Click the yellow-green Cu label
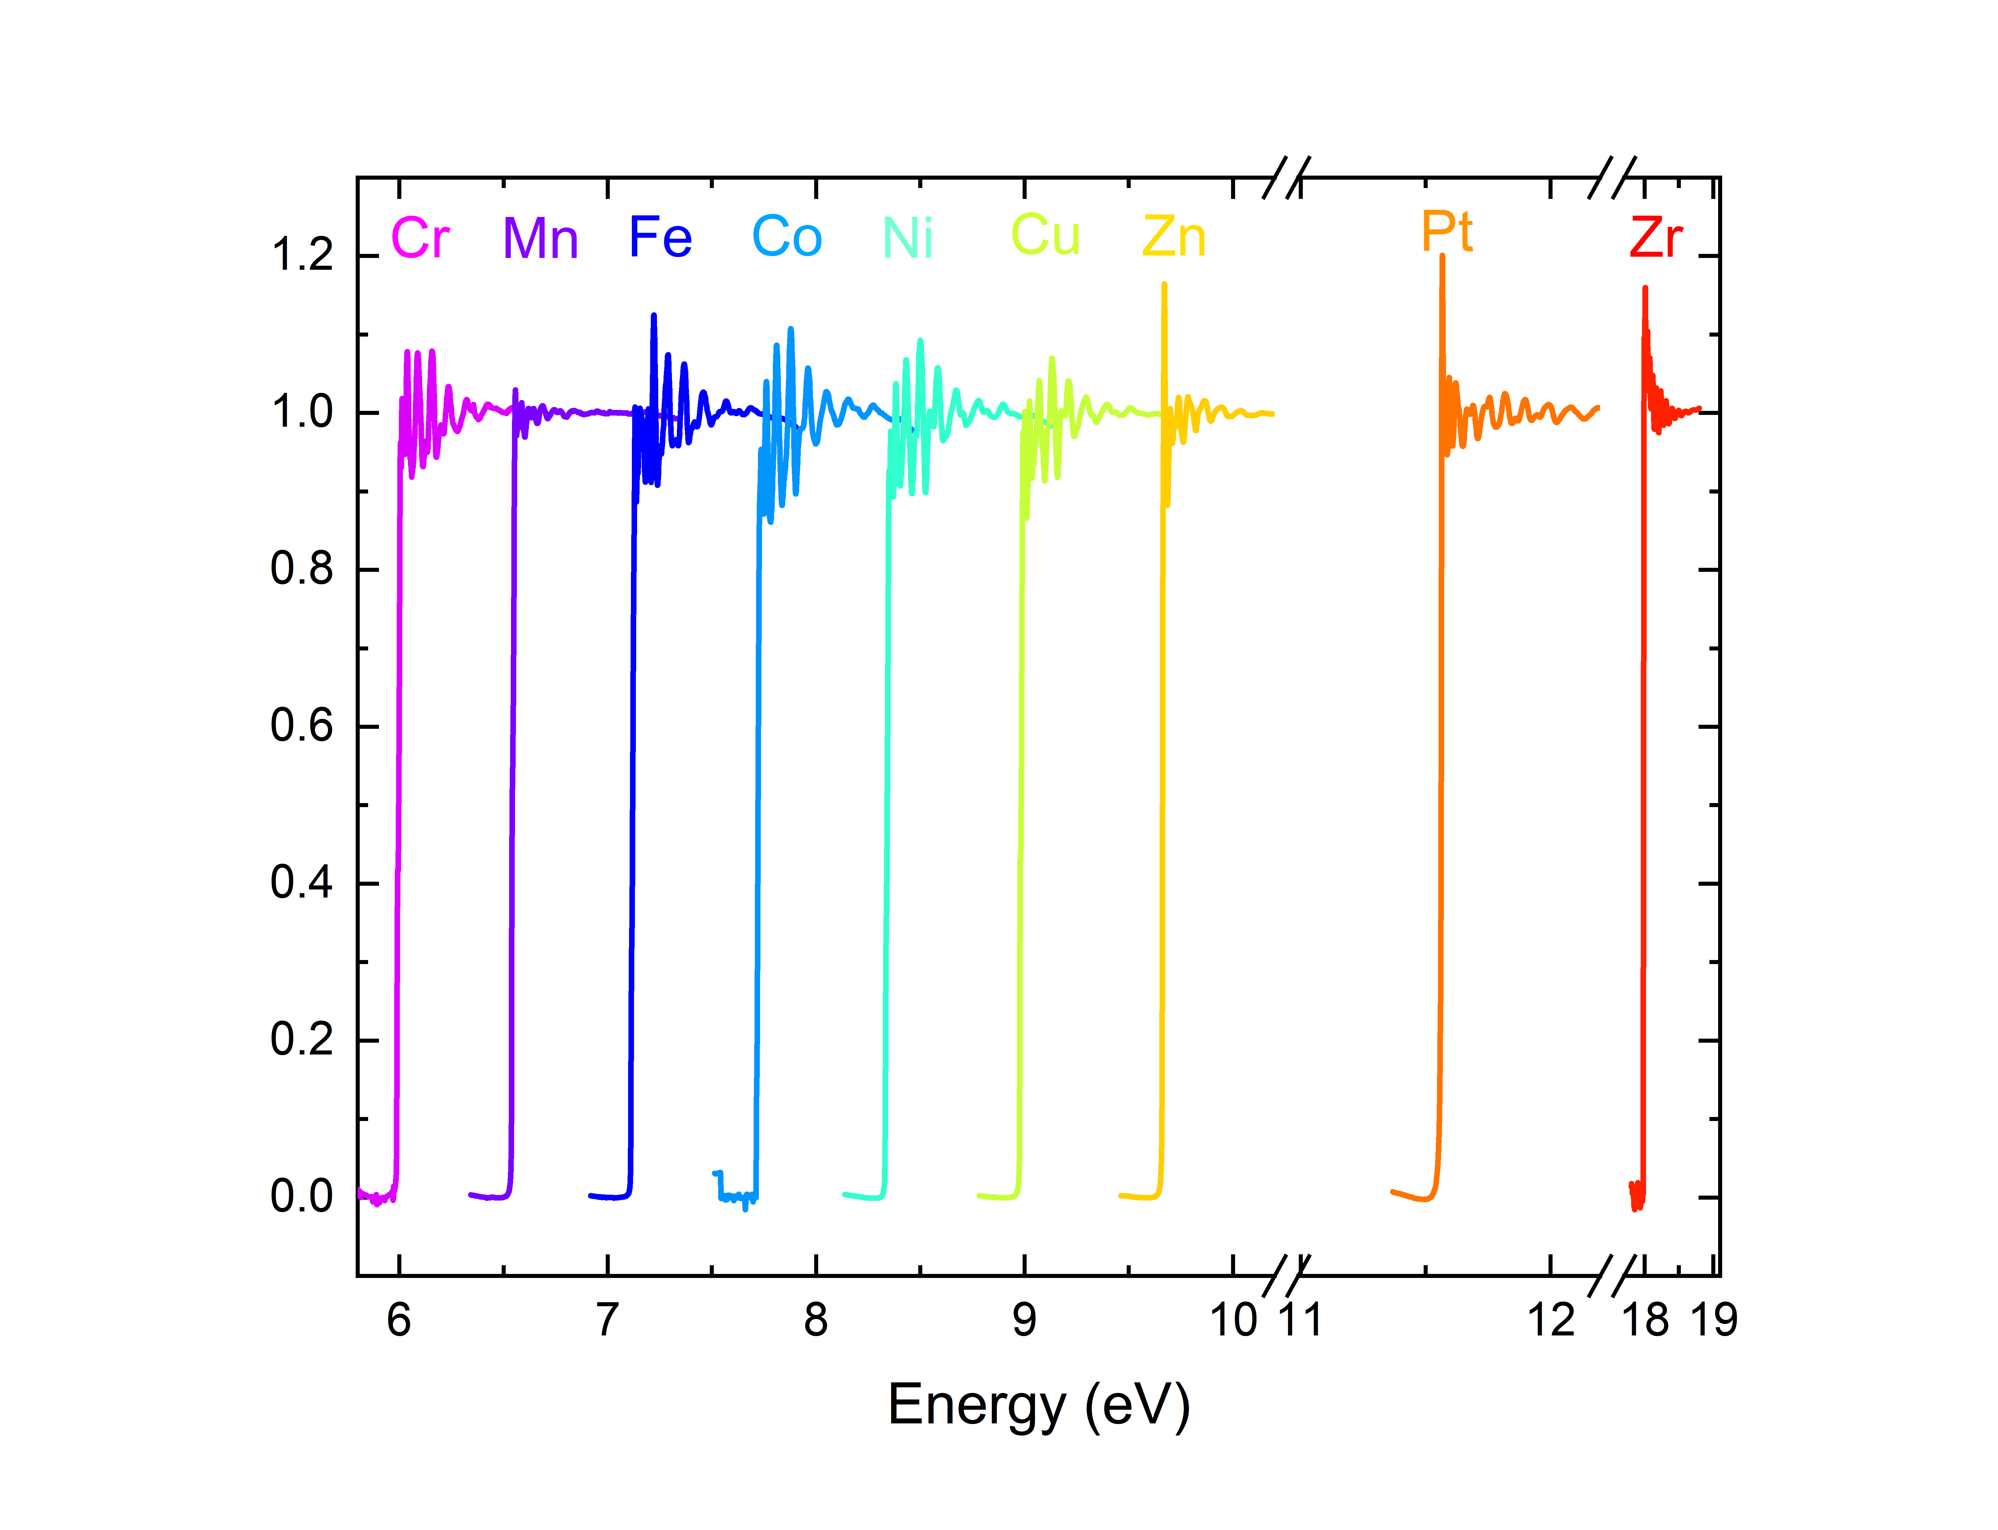pyautogui.click(x=1046, y=235)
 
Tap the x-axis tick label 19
pyautogui.click(x=1714, y=1320)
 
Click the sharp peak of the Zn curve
pyautogui.click(x=1164, y=285)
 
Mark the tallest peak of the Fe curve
pyautogui.click(x=654, y=316)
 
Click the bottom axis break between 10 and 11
pyautogui.click(x=1286, y=1275)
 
